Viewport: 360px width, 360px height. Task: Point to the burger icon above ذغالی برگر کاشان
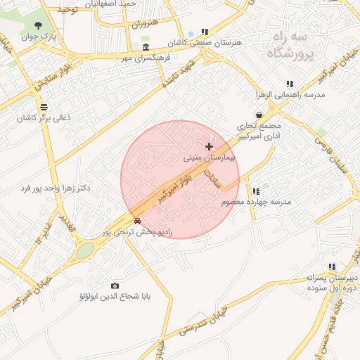pos(44,107)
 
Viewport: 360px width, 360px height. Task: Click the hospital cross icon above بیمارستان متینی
pos(209,146)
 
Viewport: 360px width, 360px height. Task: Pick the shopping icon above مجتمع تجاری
pos(259,115)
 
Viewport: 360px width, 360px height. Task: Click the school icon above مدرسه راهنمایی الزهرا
pos(290,84)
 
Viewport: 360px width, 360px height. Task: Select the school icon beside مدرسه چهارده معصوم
pos(256,191)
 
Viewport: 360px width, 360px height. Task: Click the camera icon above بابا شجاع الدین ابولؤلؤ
pos(115,285)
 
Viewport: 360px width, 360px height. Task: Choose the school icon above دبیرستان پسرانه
pos(331,266)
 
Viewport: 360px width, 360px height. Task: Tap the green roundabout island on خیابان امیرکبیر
pos(84,250)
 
